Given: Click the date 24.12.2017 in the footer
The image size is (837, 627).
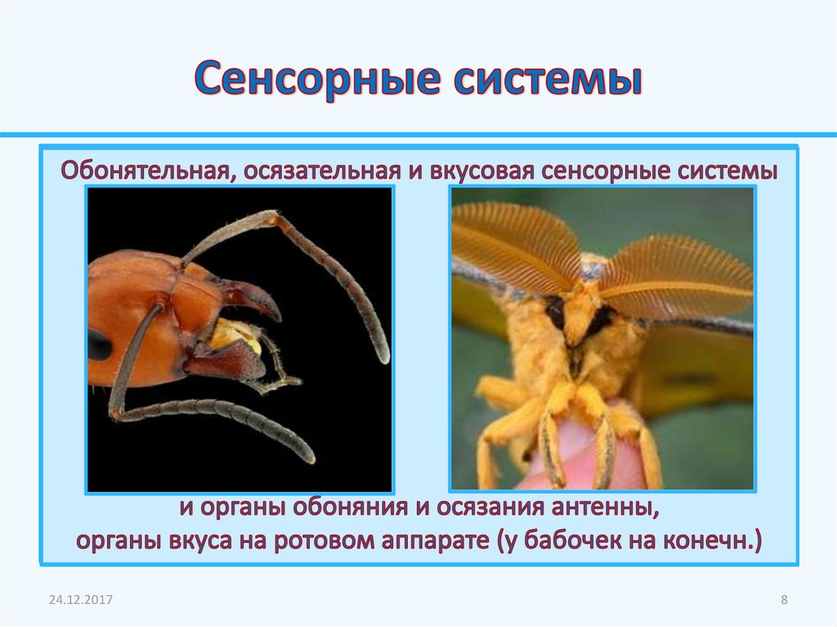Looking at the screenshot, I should click(80, 601).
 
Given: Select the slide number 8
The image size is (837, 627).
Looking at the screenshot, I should click(784, 601).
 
